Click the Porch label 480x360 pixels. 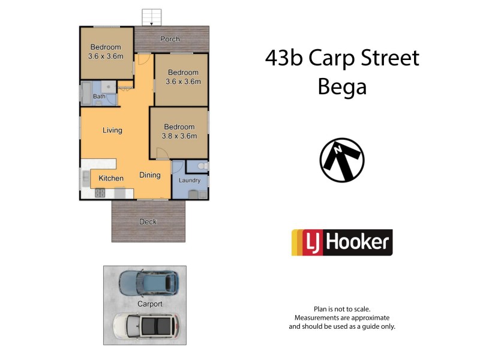170,40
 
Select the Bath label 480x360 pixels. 99,96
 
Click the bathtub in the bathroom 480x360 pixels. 85,95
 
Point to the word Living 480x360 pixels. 112,130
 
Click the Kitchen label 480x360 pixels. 111,178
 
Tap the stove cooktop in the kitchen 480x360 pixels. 100,193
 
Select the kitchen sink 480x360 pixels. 85,178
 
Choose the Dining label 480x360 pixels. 150,175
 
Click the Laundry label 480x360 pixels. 190,179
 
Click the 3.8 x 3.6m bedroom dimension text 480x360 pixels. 179,136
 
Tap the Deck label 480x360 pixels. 148,221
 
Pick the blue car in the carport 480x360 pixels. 149,281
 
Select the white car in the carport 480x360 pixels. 145,326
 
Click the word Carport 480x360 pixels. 150,304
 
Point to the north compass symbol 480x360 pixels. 342,160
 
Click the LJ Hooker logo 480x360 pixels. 342,242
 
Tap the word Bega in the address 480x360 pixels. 341,88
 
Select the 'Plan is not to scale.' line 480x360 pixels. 342,308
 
